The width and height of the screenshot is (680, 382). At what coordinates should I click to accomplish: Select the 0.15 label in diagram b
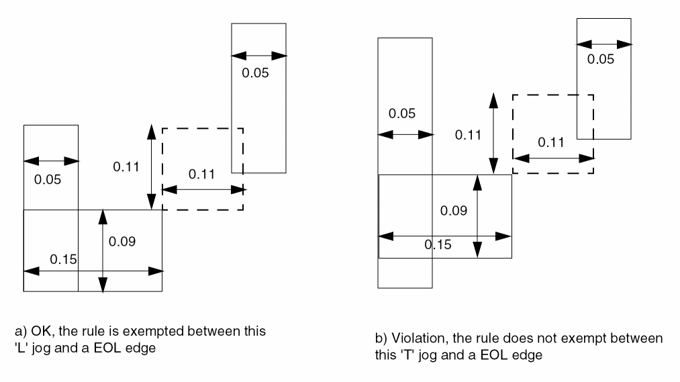pyautogui.click(x=438, y=244)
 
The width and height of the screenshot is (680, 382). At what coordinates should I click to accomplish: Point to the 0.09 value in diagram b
pyautogui.click(x=454, y=210)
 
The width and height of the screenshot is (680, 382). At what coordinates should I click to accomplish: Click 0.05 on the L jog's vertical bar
pyautogui.click(x=48, y=179)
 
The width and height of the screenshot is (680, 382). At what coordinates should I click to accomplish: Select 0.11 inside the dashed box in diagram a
pyautogui.click(x=203, y=175)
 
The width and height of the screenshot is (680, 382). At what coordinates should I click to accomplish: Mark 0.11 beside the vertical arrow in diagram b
pyautogui.click(x=469, y=135)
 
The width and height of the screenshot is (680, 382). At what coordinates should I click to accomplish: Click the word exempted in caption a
pyautogui.click(x=146, y=332)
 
